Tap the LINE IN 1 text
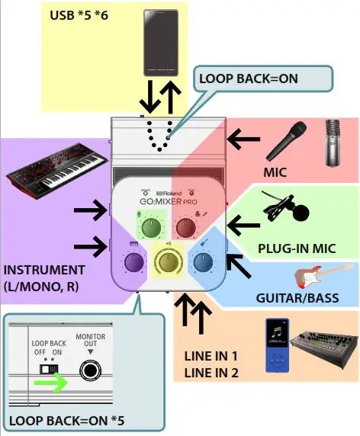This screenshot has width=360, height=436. pyautogui.click(x=211, y=357)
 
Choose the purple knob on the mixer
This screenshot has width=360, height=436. pyautogui.click(x=130, y=262)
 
